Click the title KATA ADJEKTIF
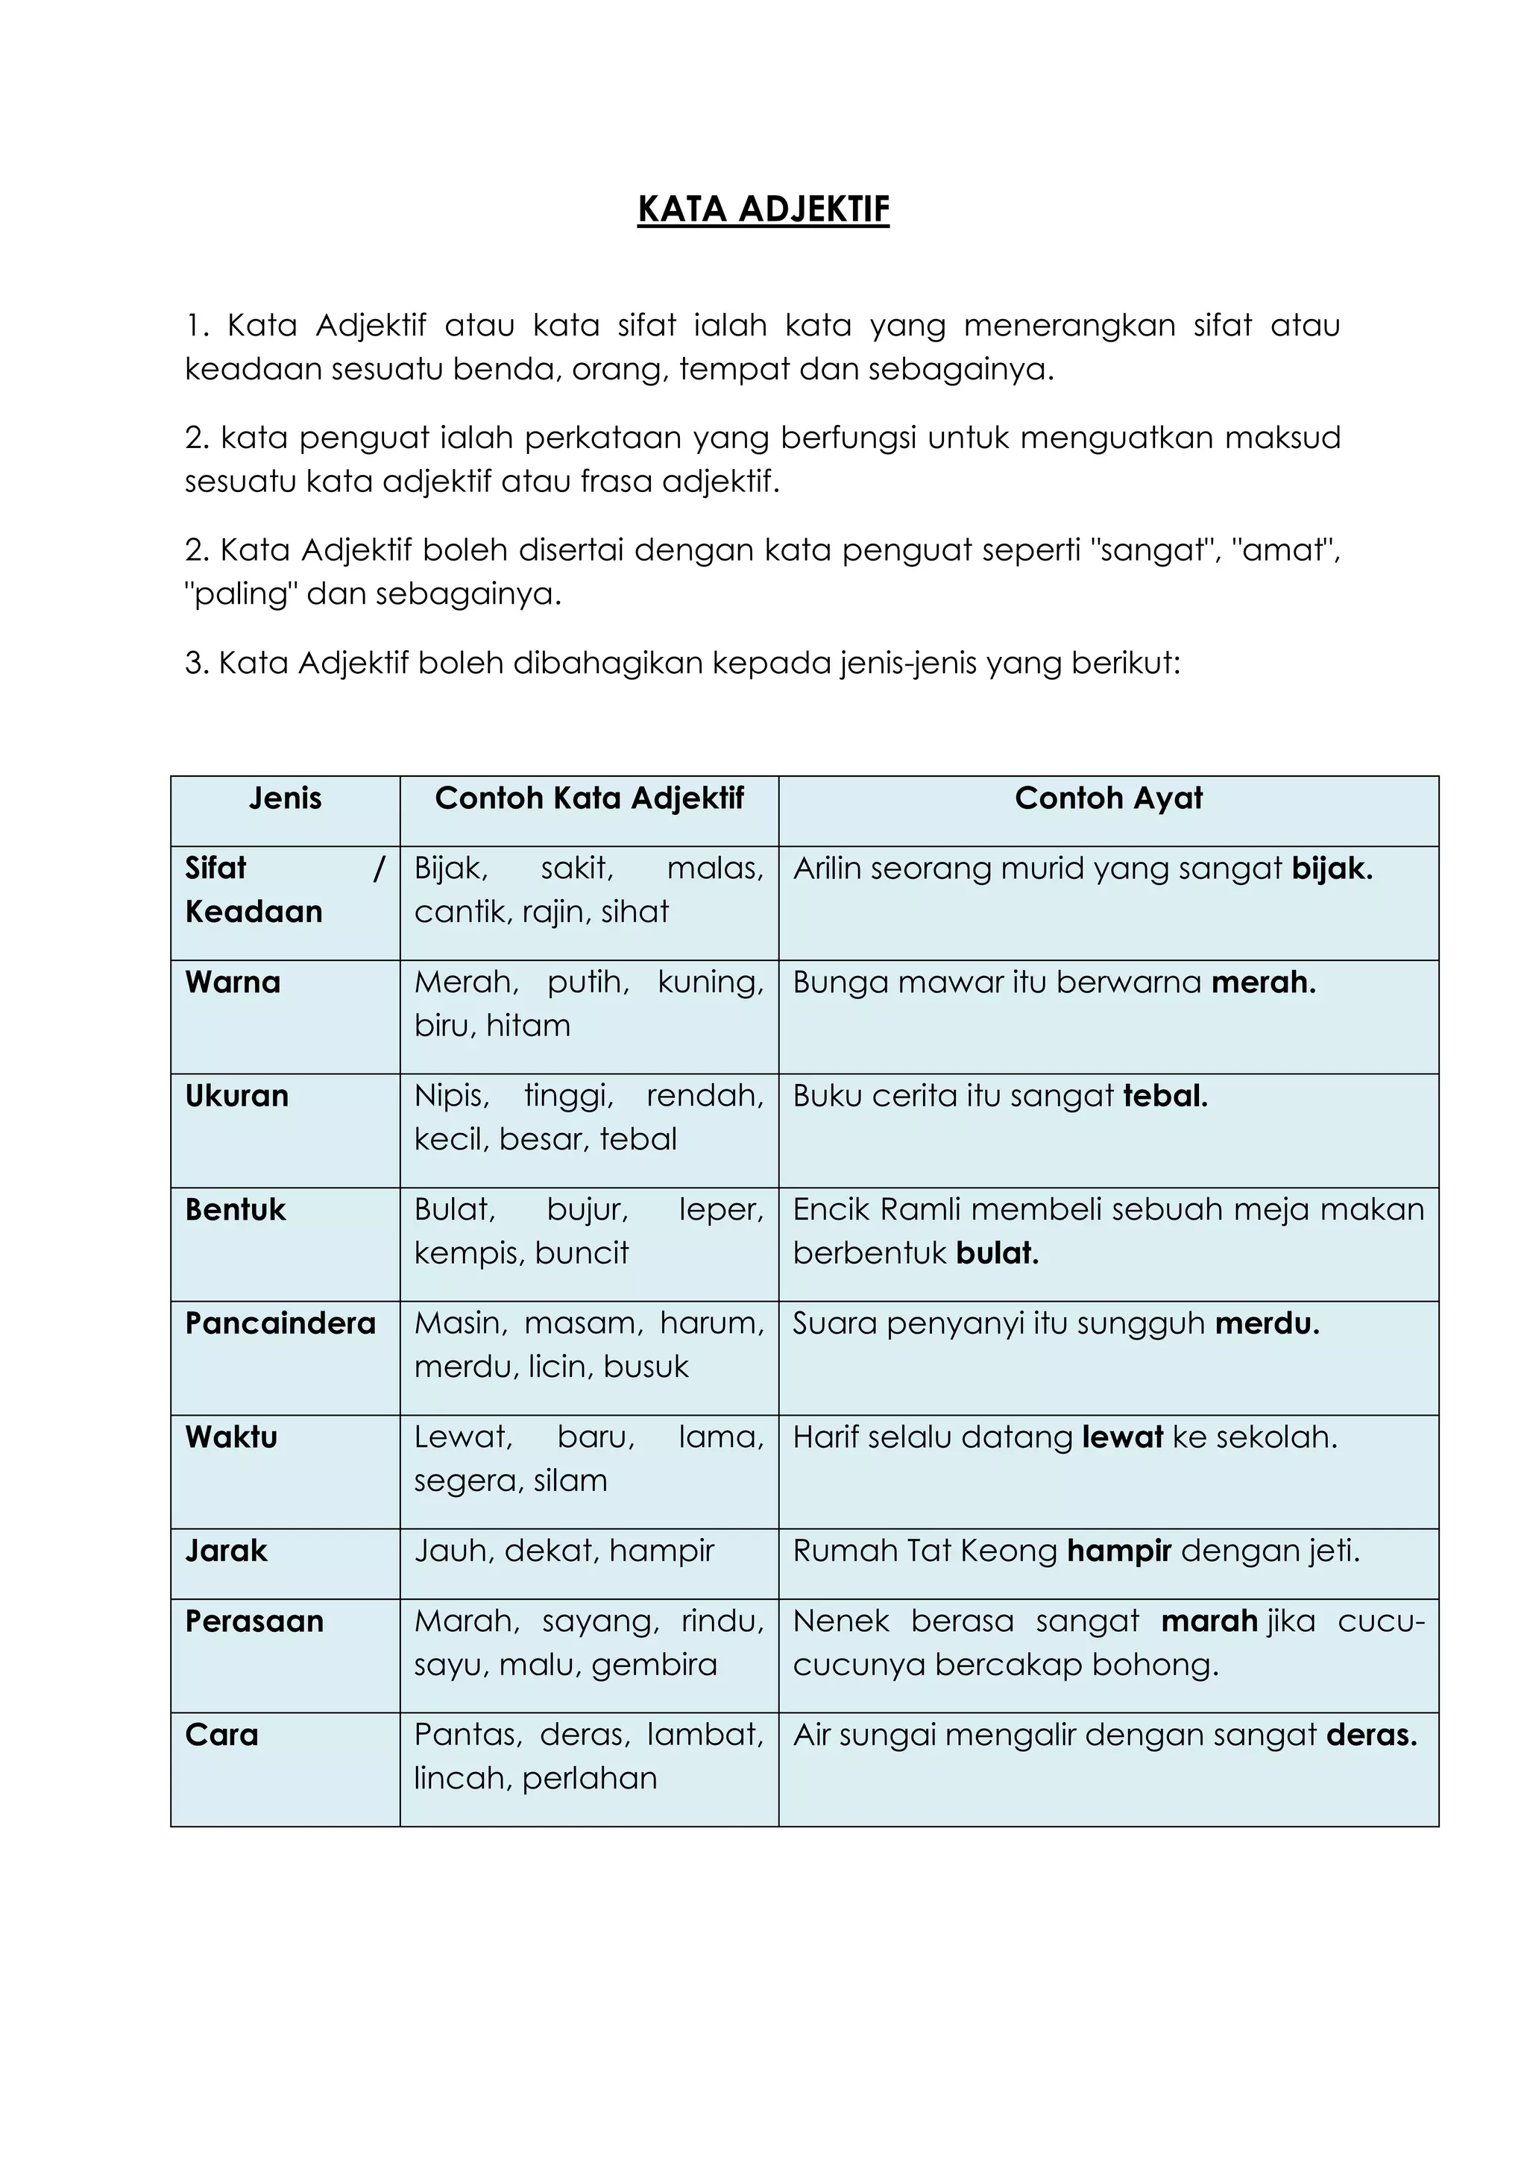pos(763,209)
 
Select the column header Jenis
pos(285,798)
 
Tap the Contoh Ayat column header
pos(1108,798)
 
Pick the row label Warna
pos(233,982)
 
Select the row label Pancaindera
pos(280,1323)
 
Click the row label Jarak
pos(227,1551)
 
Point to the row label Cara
pos(222,1735)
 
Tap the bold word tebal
pos(1165,1095)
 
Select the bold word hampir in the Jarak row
pos(1119,1551)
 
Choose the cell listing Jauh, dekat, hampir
pos(564,1551)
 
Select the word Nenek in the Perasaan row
pos(842,1621)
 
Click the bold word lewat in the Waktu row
pos(1123,1437)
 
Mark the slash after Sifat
pos(379,868)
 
